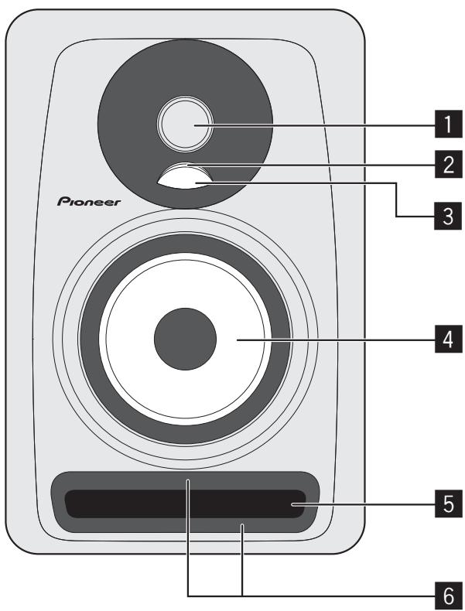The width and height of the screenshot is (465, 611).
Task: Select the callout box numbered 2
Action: pos(443,164)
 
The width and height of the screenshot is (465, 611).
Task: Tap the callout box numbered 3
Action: pos(443,217)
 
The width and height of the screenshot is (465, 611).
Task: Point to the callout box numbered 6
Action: pos(443,595)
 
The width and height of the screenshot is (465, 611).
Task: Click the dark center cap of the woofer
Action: pos(185,338)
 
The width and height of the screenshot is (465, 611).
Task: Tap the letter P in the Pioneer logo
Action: pos(64,201)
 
